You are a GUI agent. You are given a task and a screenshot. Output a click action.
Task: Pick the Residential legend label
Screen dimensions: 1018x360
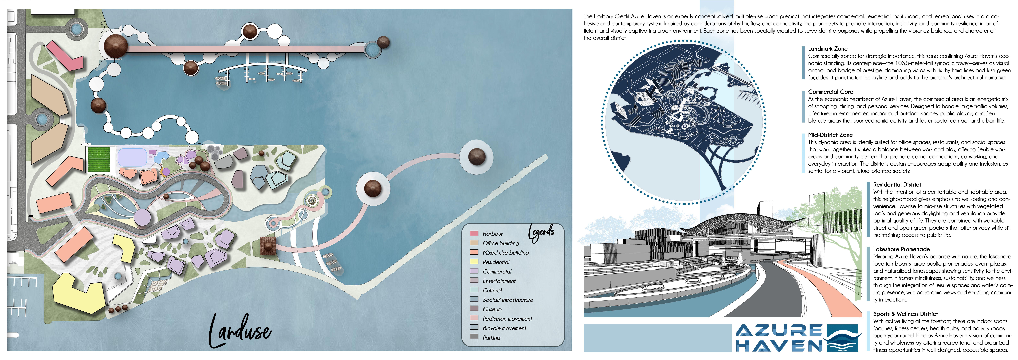496,262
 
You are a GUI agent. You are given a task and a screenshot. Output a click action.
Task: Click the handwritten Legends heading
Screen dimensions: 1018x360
542,233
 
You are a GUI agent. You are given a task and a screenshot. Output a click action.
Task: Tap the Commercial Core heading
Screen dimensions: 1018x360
830,92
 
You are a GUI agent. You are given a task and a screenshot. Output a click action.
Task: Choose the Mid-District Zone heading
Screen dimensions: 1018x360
830,135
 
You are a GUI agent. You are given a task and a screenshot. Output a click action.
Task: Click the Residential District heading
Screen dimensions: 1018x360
897,185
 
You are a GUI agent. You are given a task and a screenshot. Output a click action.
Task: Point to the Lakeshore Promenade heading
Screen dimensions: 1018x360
901,249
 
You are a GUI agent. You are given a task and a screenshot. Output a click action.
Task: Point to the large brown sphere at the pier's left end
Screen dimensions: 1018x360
116,45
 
